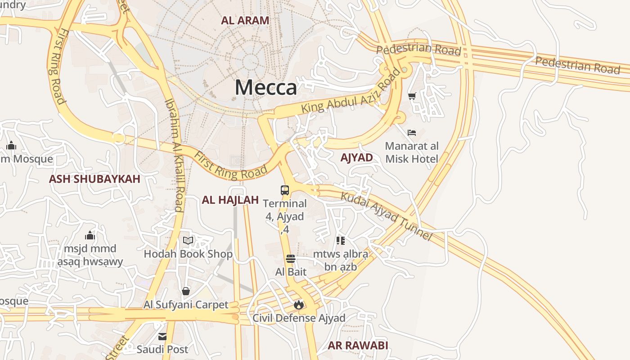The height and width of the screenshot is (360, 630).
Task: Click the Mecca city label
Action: (266, 87)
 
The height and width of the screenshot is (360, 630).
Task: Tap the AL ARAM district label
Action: (245, 20)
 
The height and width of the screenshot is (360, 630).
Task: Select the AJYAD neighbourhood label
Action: (356, 157)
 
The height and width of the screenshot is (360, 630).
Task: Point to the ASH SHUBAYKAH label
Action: (94, 179)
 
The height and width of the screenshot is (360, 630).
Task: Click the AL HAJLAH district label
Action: (230, 200)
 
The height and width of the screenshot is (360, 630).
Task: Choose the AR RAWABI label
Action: (358, 345)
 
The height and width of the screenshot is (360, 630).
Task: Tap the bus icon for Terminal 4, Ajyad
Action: (285, 190)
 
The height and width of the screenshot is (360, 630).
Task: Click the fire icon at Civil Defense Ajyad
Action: (298, 305)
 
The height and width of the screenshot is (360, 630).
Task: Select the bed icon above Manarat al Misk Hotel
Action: (412, 132)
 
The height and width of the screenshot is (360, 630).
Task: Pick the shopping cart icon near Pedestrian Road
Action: (412, 95)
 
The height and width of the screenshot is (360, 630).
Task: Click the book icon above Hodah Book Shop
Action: (188, 240)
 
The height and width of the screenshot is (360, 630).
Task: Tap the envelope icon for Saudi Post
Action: (162, 337)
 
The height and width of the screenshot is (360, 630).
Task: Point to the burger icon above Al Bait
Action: (291, 259)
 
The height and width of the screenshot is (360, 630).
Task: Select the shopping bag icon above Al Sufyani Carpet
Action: (186, 291)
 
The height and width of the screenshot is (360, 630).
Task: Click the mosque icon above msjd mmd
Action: (90, 235)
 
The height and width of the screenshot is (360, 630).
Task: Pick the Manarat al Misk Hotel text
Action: (412, 153)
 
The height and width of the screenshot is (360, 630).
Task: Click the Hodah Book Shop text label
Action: (188, 254)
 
